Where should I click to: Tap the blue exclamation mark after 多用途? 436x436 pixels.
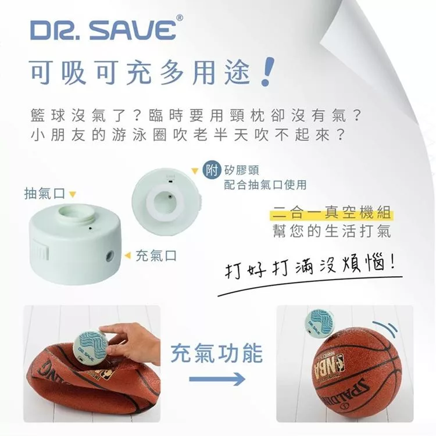click(x=267, y=72)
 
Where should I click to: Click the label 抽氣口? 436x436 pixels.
click(x=45, y=194)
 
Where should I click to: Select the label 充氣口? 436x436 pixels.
click(x=156, y=256)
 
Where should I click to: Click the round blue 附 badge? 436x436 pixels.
click(x=212, y=170)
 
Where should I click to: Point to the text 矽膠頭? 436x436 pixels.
click(x=241, y=170)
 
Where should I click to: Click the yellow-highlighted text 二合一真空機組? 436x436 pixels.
click(x=332, y=213)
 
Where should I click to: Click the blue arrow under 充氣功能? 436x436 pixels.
click(x=217, y=378)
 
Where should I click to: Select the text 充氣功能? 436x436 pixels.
click(x=217, y=353)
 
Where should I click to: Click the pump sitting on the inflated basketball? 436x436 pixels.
click(x=319, y=324)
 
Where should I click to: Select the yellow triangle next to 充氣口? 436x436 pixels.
click(x=128, y=255)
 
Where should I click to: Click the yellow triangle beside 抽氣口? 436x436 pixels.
click(x=73, y=194)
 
